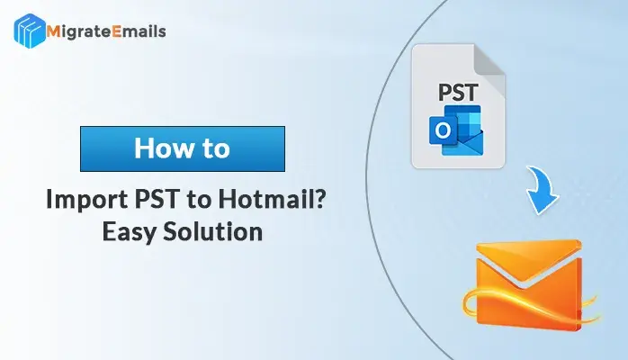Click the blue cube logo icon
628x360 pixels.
(29, 31)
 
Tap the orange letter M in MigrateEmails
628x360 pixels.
(54, 31)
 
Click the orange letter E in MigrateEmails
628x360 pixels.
(116, 31)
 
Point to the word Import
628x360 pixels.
(86, 200)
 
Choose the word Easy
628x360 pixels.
(128, 232)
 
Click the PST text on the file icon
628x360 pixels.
(458, 93)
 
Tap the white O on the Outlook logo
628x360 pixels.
(443, 130)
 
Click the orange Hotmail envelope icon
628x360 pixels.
(530, 284)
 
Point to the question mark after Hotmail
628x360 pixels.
(319, 199)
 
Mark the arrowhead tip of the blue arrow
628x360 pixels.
(542, 214)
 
